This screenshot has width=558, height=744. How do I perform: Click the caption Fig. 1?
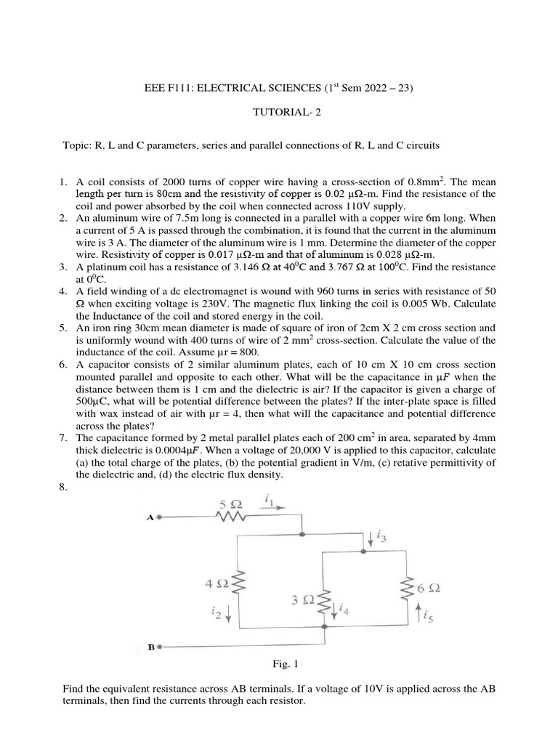pos(278,664)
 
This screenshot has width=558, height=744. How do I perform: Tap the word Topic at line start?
pos(76,145)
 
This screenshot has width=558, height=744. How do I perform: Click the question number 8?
pos(62,488)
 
